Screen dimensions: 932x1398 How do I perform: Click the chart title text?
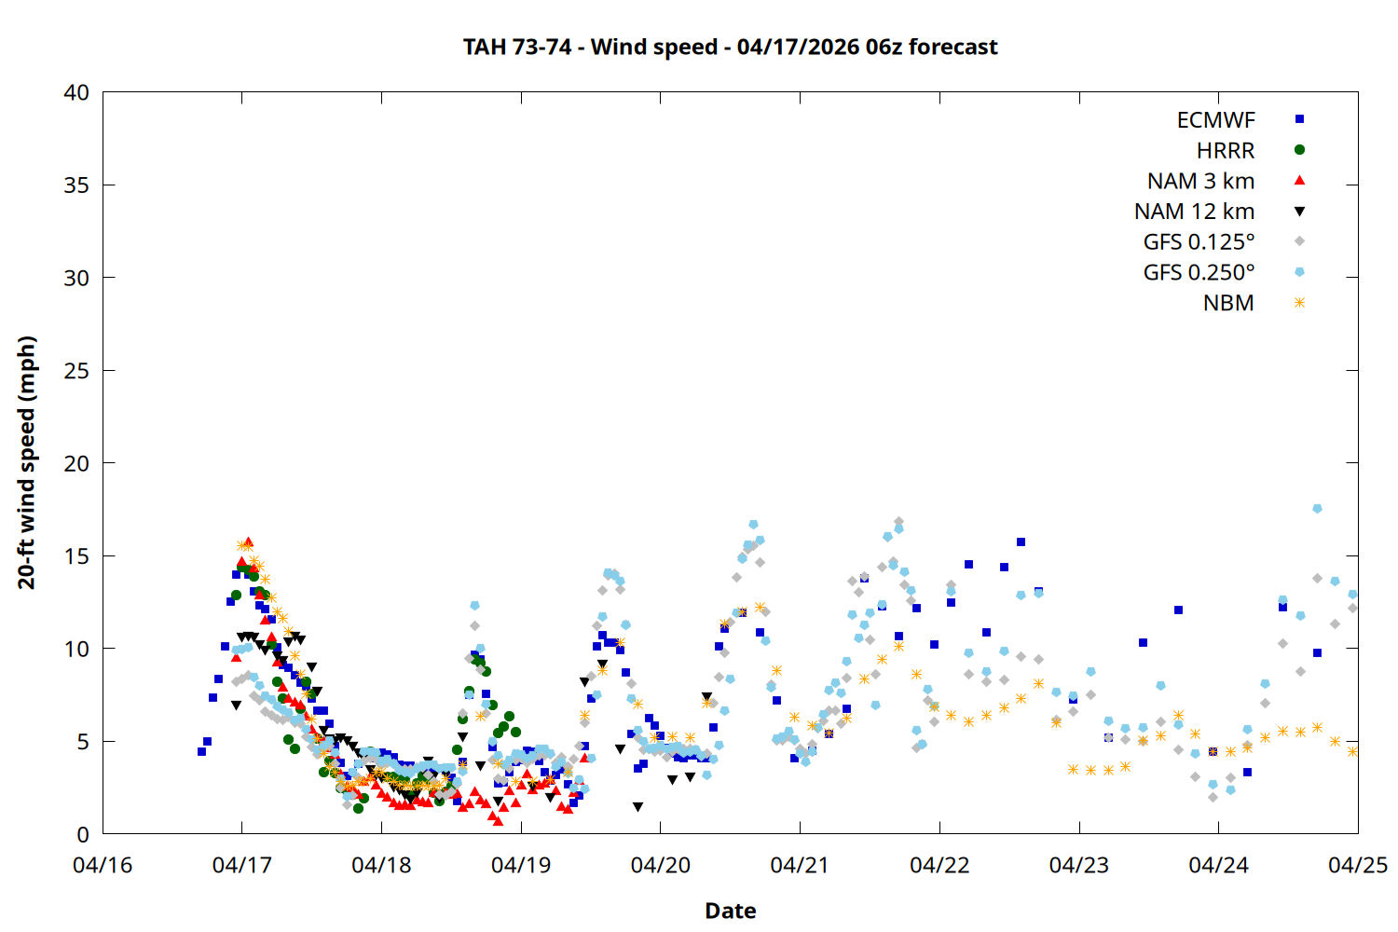[x=730, y=48]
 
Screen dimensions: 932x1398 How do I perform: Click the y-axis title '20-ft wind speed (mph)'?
[x=27, y=462]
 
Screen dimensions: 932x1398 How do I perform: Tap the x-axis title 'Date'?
[x=730, y=911]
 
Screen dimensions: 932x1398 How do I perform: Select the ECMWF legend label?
[x=1215, y=120]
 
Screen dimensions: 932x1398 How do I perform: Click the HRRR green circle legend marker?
[x=1299, y=150]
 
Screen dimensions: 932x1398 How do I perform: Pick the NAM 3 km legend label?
[x=1200, y=181]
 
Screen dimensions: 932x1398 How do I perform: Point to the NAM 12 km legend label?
[x=1194, y=212]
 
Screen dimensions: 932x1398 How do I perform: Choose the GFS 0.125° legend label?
[x=1199, y=242]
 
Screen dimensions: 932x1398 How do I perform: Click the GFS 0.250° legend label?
[x=1199, y=273]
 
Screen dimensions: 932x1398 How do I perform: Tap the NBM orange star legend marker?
[x=1299, y=303]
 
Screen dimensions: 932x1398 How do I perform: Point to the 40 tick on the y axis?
[x=76, y=92]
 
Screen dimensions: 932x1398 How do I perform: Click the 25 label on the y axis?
[x=76, y=371]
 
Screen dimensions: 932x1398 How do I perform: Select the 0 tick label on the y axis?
[x=83, y=834]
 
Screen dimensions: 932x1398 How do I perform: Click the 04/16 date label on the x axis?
[x=103, y=866]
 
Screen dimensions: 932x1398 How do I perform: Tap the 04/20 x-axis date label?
[x=660, y=866]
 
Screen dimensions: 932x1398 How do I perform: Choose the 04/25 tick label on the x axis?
[x=1357, y=866]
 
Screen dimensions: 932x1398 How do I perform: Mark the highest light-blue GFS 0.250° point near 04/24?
[x=1317, y=509]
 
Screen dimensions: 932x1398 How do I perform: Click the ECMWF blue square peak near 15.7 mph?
[x=1021, y=541]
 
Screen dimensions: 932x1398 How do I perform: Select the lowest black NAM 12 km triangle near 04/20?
[x=637, y=807]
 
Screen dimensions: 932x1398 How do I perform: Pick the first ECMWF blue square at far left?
[x=201, y=751]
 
